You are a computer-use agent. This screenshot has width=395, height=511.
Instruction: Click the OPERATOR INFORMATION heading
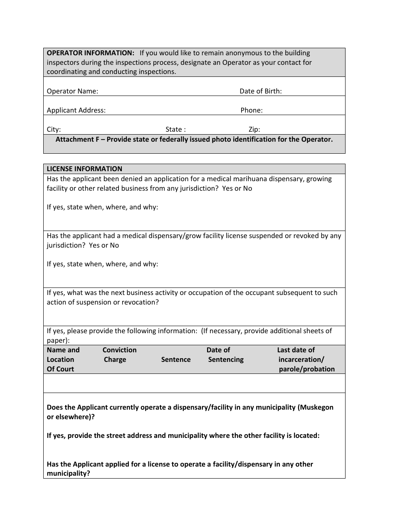pos(90,53)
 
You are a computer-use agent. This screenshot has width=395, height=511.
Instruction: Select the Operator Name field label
pos(72,91)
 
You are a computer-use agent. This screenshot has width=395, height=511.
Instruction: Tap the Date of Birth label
pos(260,91)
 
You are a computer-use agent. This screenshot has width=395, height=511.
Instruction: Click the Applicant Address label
pos(76,111)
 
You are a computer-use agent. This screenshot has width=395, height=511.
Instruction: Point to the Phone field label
pos(251,111)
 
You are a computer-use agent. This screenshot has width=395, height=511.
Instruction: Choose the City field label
pos(54,130)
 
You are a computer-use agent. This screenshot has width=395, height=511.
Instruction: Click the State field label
pos(175,130)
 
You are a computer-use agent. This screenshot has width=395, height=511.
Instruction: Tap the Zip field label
pos(254,130)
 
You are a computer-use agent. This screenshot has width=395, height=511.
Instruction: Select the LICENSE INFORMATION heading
pos(84,169)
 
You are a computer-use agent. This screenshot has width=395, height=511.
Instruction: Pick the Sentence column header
pos(176,360)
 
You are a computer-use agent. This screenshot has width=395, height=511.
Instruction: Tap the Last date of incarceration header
pos(306,360)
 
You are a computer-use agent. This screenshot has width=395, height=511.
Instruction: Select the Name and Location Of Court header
pos(63,360)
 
